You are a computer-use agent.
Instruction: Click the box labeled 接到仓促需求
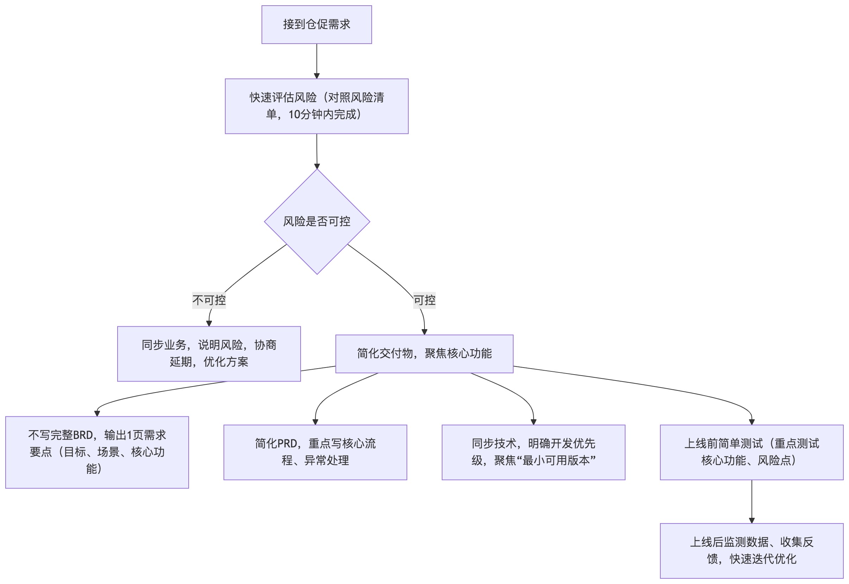point(316,25)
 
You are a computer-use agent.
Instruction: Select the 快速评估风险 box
point(316,106)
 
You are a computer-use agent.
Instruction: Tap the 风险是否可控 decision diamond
point(317,221)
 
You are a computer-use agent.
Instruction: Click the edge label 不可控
point(209,300)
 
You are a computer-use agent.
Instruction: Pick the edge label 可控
point(424,300)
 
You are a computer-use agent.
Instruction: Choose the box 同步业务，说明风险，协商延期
point(209,353)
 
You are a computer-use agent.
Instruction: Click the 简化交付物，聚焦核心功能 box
point(424,353)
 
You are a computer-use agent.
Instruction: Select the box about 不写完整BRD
point(97,452)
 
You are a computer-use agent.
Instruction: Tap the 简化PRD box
point(315,452)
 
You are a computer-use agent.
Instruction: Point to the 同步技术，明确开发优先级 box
point(533,452)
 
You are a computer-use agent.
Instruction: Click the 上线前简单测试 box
point(751,452)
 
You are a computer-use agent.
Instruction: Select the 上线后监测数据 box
point(751,550)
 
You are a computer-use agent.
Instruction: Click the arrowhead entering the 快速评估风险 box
point(317,76)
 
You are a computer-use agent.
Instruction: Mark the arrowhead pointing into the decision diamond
point(317,166)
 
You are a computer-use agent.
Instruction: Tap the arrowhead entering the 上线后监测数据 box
point(752,520)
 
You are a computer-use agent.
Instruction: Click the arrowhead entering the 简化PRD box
point(315,422)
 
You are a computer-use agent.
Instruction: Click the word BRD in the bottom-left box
point(83,435)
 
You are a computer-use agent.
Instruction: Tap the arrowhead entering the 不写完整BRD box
point(97,414)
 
